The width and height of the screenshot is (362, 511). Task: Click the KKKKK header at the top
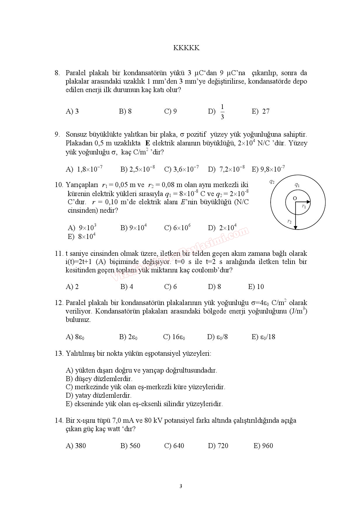tap(186, 48)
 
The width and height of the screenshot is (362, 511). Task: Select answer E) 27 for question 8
tap(261, 111)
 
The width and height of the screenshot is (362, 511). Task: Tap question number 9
tap(57, 135)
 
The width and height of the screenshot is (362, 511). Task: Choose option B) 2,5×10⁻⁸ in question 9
tap(138, 169)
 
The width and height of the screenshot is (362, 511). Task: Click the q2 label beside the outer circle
tap(272, 182)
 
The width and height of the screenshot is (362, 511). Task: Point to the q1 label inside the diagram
tap(297, 185)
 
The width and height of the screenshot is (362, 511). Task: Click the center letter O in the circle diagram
tap(295, 198)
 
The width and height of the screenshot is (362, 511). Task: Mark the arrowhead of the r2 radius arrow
tap(295, 228)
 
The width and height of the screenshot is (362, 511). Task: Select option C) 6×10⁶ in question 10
tap(177, 228)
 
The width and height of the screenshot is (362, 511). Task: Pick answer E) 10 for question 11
tap(256, 287)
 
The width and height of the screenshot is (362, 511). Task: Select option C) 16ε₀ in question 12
tap(174, 337)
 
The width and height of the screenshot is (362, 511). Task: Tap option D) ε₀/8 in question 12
tap(217, 337)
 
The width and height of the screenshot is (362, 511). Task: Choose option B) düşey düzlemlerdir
tap(99, 379)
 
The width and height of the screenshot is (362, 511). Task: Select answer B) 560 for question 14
tap(130, 446)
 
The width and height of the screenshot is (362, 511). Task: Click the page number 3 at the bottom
tap(181, 486)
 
